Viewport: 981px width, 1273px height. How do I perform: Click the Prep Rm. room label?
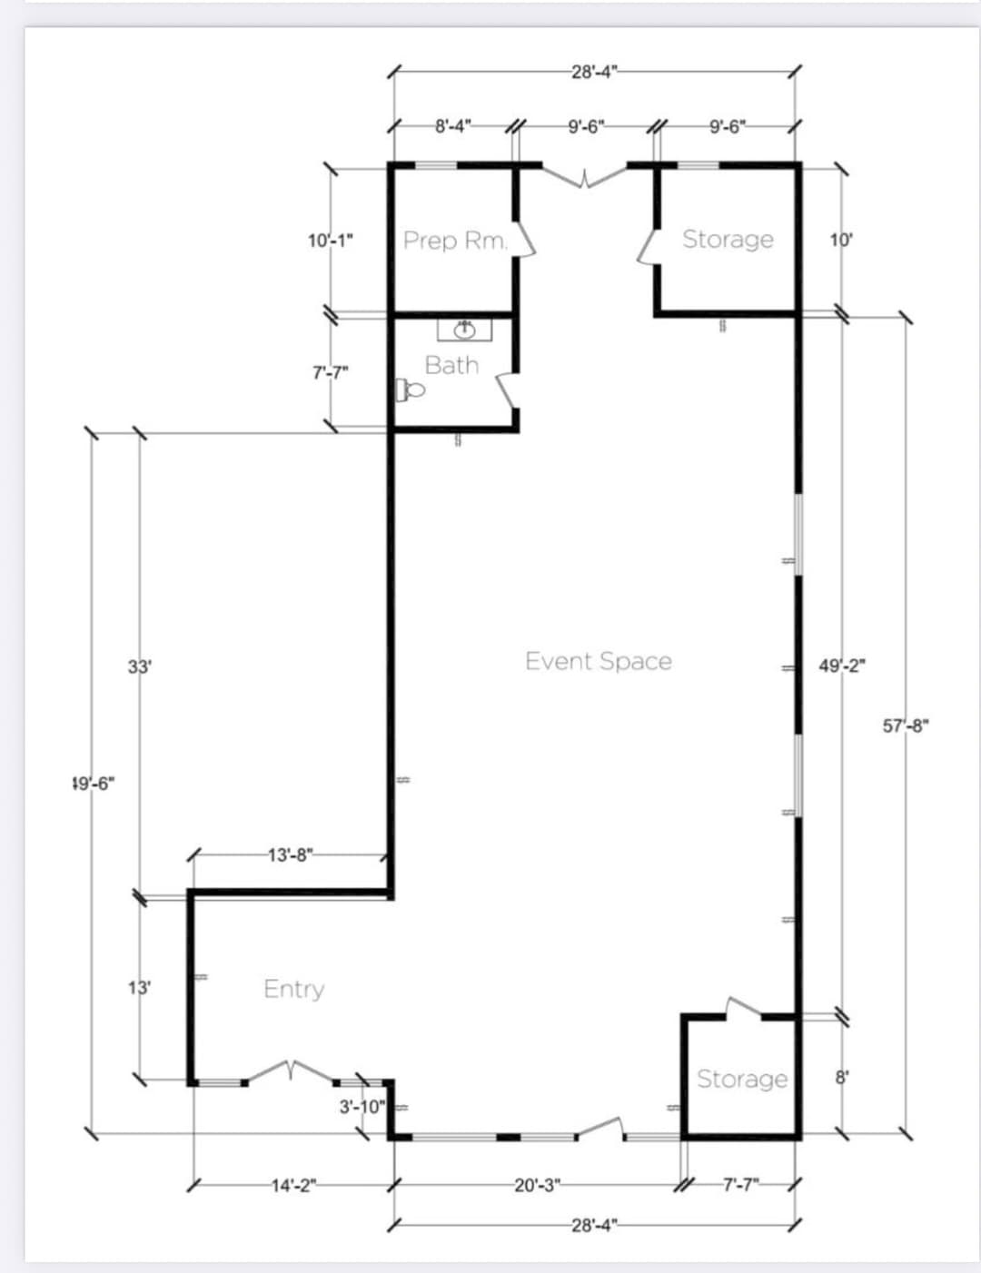[455, 241]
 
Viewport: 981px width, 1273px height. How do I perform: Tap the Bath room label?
[451, 365]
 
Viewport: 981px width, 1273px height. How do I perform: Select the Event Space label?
[599, 661]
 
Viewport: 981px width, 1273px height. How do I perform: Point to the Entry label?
[293, 989]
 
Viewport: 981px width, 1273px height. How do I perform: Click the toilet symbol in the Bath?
[411, 390]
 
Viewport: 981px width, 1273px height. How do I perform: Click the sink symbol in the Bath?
[464, 328]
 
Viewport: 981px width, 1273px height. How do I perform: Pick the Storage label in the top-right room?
[728, 239]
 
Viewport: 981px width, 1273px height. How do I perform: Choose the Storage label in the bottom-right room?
[742, 1079]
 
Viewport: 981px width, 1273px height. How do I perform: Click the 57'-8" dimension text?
[906, 725]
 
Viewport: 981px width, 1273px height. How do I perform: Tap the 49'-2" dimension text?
[842, 666]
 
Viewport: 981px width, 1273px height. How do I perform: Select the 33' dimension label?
[139, 666]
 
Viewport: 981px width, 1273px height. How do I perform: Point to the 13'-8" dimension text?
[291, 854]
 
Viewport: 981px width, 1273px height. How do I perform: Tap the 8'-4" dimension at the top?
[453, 126]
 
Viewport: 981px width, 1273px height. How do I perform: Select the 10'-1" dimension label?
[331, 241]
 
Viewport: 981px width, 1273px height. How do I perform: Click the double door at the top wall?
[585, 175]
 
